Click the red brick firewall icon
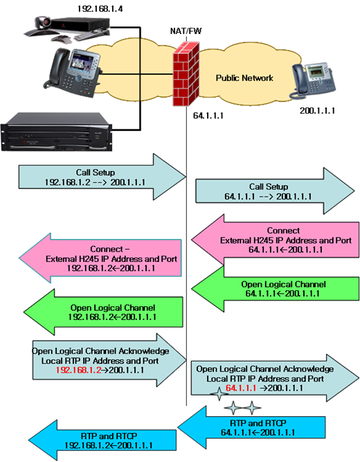point(186,74)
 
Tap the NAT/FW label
point(186,31)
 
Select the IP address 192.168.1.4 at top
point(100,9)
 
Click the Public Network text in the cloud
point(244,78)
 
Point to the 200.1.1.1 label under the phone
point(317,111)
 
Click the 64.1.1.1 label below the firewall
point(208,116)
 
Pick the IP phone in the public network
point(313,80)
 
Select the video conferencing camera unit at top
point(67,29)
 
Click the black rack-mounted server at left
point(57,132)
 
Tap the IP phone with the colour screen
point(73,73)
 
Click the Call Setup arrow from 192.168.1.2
point(102,177)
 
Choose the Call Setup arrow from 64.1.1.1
point(275,191)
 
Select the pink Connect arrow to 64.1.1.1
point(275,240)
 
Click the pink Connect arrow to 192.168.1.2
point(100,258)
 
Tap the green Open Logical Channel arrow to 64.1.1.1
point(275,289)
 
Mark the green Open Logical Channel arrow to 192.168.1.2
point(103,312)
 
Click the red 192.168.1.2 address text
point(79,370)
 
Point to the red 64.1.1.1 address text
point(242,388)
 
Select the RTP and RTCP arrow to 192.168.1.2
point(102,441)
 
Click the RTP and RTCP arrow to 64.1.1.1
point(251,427)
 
